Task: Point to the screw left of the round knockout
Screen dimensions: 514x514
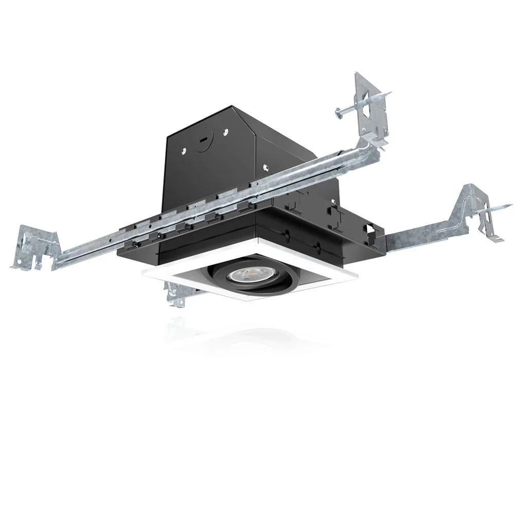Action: pyautogui.click(x=184, y=151)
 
